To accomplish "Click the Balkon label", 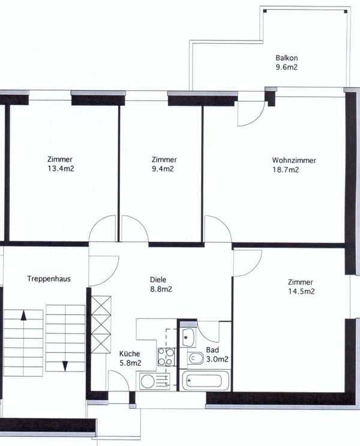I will (286, 58).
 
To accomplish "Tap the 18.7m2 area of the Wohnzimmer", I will (286, 170).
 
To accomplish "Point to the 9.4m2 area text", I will (164, 169).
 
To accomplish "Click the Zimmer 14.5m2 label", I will (301, 286).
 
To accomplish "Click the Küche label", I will (130, 354).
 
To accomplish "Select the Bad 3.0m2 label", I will (216, 354).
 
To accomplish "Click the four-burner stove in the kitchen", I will (166, 357).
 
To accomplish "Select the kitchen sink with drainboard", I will (154, 381).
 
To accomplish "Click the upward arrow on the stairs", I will (23, 339).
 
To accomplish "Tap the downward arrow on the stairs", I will (65, 339).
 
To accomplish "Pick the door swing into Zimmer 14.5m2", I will (245, 263).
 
